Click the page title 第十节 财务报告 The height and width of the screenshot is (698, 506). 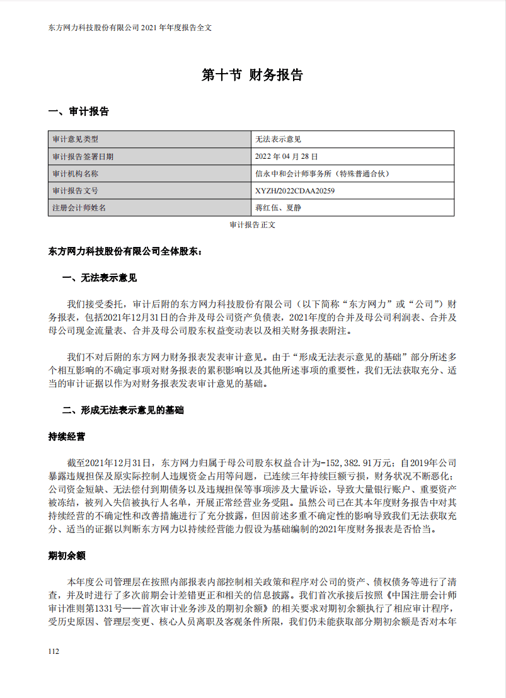[x=252, y=75]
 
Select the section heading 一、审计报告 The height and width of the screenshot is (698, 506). [x=79, y=112]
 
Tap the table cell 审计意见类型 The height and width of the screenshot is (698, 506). [x=75, y=139]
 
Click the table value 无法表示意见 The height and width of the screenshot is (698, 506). [x=278, y=139]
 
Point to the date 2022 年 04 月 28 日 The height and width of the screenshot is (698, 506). [x=287, y=156]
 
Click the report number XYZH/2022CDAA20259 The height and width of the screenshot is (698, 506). [x=295, y=190]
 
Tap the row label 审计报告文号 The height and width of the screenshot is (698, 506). [x=75, y=190]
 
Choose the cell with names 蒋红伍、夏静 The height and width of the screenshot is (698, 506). [x=278, y=207]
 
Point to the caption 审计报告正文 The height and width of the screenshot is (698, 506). [x=252, y=224]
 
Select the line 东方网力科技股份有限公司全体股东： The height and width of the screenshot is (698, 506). [x=125, y=251]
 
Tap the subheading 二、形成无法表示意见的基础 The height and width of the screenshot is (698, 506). [x=123, y=410]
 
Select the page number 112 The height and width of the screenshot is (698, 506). [x=54, y=651]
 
